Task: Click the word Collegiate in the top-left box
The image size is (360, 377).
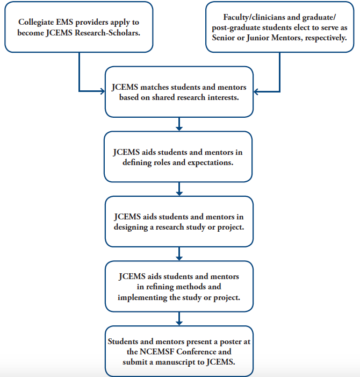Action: coord(36,23)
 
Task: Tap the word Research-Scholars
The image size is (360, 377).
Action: coord(107,32)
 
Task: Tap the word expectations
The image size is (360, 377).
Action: coord(211,163)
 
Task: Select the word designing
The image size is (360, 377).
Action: coord(131,227)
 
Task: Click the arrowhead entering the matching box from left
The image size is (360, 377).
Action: coord(103,91)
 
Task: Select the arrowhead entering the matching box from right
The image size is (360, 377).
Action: coord(256,91)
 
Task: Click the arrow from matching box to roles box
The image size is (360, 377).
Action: coord(179,124)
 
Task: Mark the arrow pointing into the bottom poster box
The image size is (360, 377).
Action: coord(179,319)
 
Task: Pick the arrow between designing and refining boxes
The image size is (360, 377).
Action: coord(179,254)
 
